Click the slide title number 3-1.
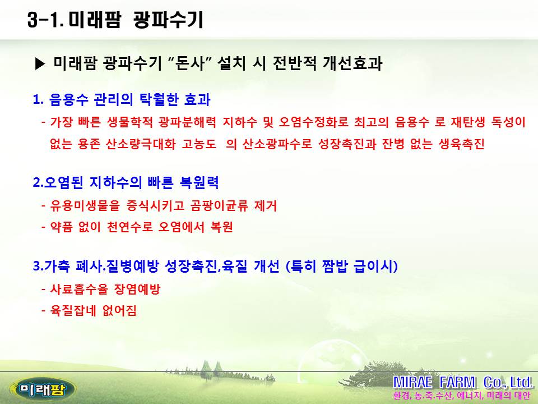[45, 20]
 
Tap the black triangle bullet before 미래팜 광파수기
[40, 64]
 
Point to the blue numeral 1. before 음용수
[38, 100]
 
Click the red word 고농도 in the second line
[198, 144]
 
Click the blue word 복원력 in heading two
[199, 182]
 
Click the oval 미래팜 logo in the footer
[43, 389]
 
